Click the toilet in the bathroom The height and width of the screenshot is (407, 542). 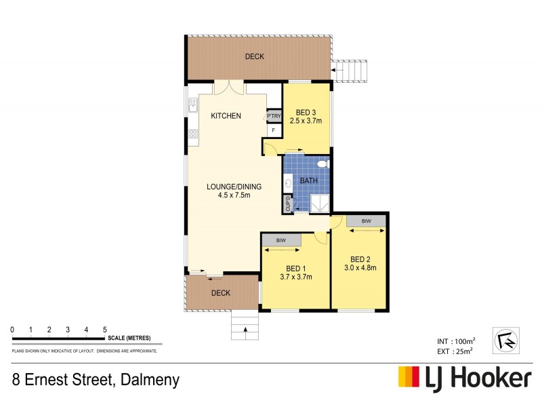tap(323, 163)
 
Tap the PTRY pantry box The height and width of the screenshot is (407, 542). tap(274, 116)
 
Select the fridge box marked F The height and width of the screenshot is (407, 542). tap(274, 129)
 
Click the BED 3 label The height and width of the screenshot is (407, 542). tap(306, 112)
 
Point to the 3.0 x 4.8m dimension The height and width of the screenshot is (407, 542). tap(359, 267)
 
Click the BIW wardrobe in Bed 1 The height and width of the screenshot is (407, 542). tap(280, 240)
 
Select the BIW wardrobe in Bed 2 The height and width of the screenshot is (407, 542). tap(366, 221)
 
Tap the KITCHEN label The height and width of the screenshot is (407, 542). tap(226, 116)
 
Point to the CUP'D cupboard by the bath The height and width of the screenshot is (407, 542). tap(288, 203)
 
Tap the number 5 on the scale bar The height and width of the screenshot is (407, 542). tap(104, 330)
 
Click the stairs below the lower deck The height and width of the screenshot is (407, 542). tap(245, 328)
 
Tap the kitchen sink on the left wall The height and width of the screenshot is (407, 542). tap(192, 104)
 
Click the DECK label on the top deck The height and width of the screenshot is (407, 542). tap(254, 56)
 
